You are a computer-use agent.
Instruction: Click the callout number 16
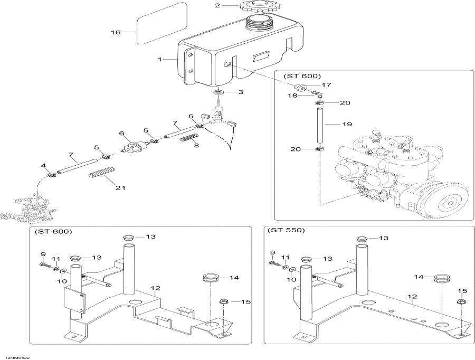(x=116, y=32)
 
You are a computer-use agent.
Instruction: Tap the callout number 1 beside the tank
(x=159, y=60)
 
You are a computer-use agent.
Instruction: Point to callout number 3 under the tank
(x=241, y=92)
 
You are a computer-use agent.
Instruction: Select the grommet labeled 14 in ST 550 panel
(x=441, y=279)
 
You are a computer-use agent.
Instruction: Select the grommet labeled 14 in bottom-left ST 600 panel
(x=212, y=278)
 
